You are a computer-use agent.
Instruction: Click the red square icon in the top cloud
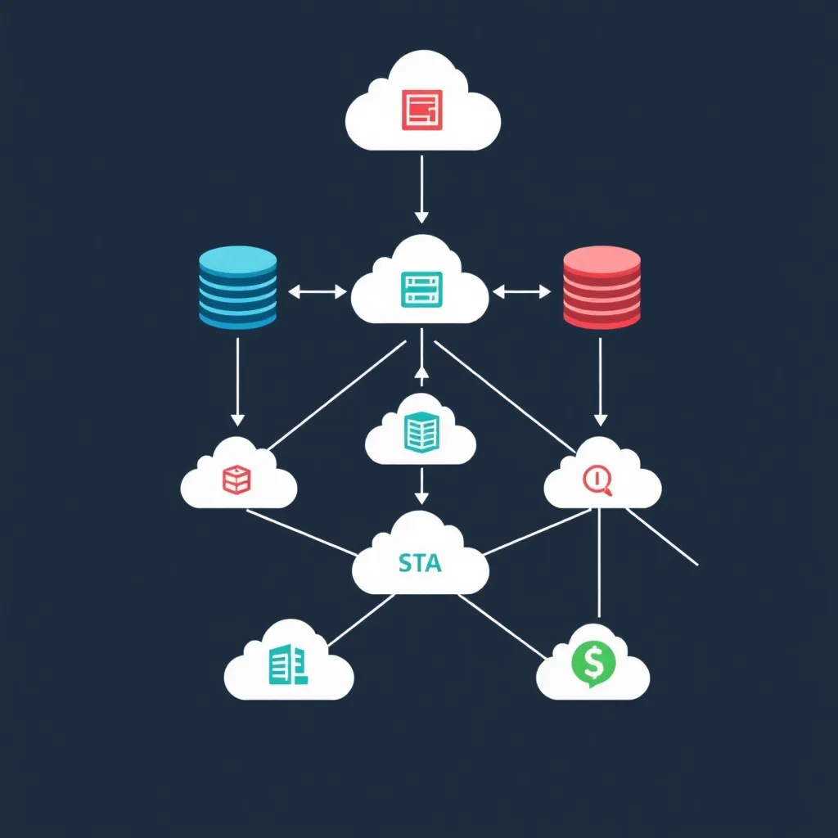coord(422,109)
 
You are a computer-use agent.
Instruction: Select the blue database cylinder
coord(237,288)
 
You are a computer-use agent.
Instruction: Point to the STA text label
coord(420,563)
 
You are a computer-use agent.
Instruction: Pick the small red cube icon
coord(237,479)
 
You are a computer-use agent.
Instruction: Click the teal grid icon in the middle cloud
coord(421,432)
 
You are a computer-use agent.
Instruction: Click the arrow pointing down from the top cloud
coord(421,189)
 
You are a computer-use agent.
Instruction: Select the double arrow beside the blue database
coord(318,291)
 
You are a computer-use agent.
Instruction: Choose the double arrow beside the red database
coord(522,291)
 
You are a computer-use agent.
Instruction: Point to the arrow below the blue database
coord(237,381)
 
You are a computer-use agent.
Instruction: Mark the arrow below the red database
coord(600,381)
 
